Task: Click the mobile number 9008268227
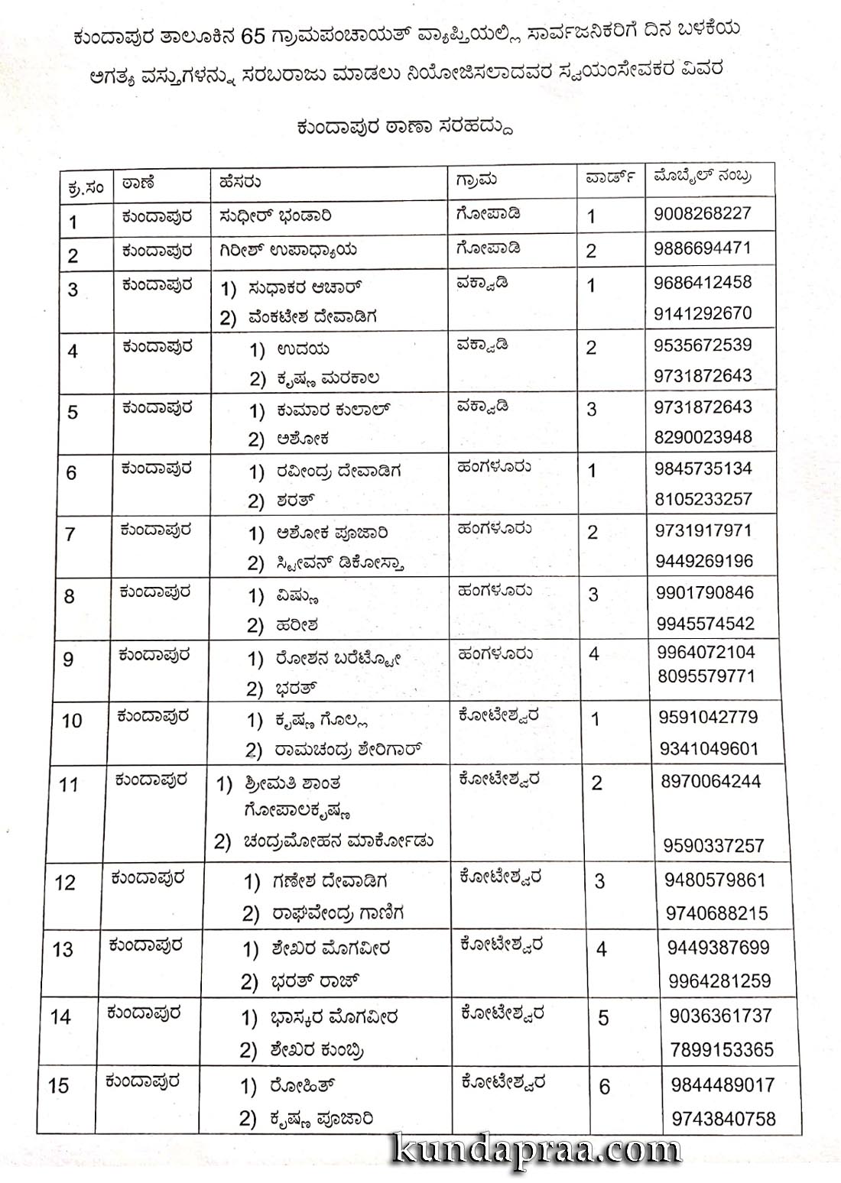(702, 213)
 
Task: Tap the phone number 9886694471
(703, 248)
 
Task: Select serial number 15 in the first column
(58, 1085)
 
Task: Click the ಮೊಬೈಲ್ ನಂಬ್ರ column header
(702, 177)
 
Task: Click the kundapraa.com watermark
(535, 1149)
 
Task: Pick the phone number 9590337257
(713, 846)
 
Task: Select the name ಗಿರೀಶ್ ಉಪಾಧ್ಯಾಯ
(288, 250)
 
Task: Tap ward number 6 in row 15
(605, 1087)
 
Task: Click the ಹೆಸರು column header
(239, 182)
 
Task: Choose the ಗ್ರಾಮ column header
(476, 180)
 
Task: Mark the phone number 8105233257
(703, 499)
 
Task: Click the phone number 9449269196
(704, 561)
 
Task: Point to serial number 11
(68, 785)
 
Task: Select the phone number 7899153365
(722, 1050)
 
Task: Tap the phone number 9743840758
(723, 1120)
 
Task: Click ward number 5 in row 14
(603, 1019)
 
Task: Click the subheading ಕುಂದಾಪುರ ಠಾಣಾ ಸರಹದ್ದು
(404, 127)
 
